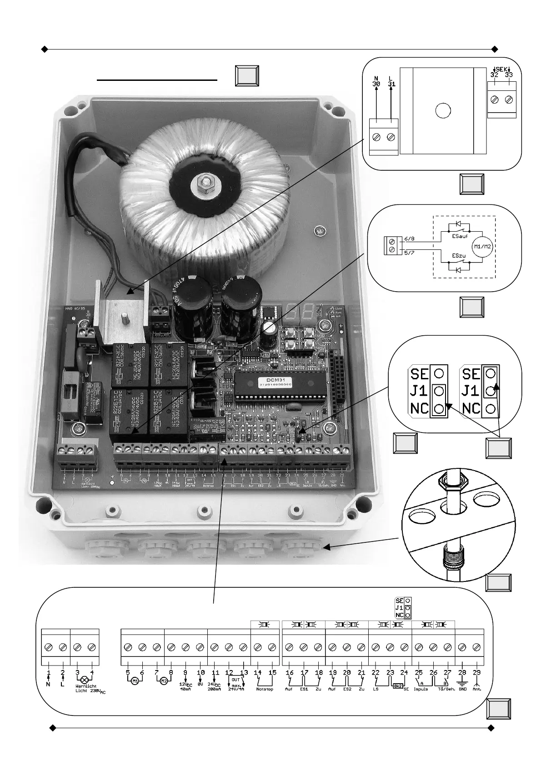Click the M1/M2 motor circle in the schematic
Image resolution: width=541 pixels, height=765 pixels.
click(x=482, y=246)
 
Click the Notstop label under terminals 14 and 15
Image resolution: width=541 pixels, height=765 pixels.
click(x=265, y=689)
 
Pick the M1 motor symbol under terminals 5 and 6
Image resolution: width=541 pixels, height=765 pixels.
click(x=135, y=681)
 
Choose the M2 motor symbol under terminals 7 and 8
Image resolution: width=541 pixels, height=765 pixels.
click(x=163, y=681)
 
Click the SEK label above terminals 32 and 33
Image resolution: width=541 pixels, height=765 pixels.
click(x=501, y=69)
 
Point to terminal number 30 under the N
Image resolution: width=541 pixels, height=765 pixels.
click(x=376, y=84)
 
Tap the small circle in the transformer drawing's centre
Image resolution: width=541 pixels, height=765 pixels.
click(x=442, y=110)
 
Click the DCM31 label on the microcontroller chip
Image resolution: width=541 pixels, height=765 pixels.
click(x=268, y=379)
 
